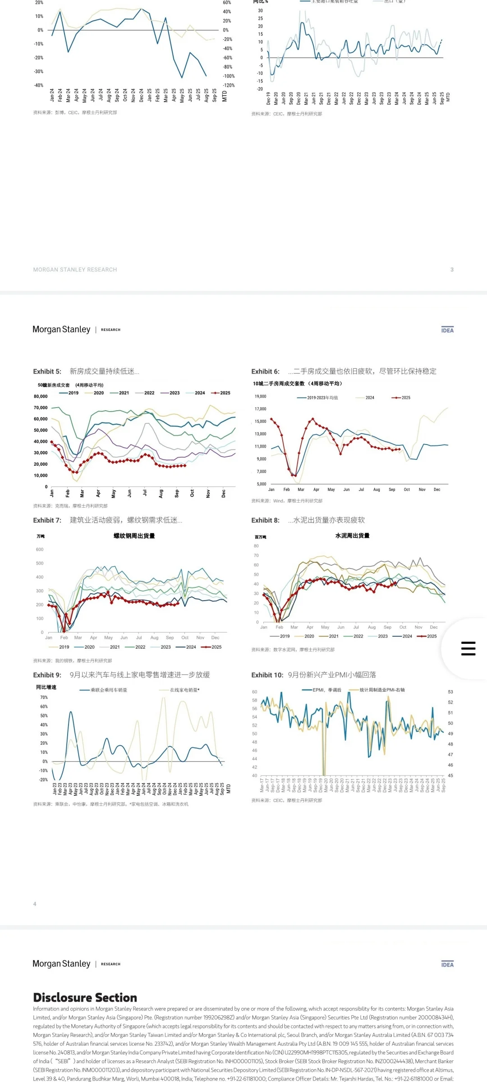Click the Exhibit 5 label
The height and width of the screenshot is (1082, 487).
(47, 371)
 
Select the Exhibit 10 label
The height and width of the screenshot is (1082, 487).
(267, 675)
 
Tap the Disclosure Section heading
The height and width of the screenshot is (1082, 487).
(85, 997)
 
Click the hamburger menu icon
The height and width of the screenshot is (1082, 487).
(468, 648)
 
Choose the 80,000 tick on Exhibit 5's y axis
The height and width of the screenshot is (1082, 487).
(41, 396)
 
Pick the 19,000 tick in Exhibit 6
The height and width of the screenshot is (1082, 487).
(260, 396)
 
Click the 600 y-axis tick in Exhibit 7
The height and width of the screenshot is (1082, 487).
(40, 550)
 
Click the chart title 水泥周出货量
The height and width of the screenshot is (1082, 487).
(352, 536)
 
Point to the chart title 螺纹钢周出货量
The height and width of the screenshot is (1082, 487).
(134, 536)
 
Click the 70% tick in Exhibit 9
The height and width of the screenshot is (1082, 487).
(44, 697)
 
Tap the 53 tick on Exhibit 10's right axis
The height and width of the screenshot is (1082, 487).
(450, 692)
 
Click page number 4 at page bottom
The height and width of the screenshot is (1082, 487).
(35, 904)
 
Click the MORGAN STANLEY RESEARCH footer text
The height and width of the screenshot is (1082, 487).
(75, 270)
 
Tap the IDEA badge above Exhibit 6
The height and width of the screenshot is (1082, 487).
(447, 330)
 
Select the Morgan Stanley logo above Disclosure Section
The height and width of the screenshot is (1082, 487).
(61, 963)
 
